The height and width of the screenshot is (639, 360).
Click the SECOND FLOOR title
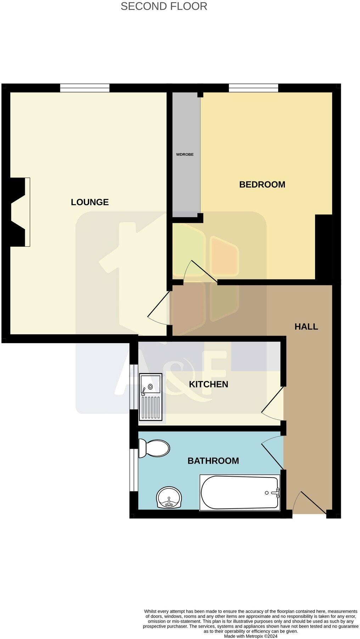click(x=164, y=6)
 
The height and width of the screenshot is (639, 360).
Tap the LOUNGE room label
click(x=90, y=202)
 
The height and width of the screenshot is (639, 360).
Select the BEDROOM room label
click(x=262, y=184)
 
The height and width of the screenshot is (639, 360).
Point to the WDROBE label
click(x=185, y=155)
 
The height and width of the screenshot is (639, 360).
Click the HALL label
click(x=306, y=326)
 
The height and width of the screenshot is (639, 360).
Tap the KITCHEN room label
click(x=208, y=384)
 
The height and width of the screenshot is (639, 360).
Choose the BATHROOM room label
click(x=213, y=461)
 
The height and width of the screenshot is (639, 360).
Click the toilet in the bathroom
click(x=154, y=448)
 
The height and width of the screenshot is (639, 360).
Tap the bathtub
click(x=240, y=493)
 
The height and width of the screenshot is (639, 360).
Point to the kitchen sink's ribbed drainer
click(x=151, y=408)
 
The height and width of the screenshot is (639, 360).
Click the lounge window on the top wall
click(x=85, y=88)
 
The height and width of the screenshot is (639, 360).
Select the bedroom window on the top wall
click(x=253, y=88)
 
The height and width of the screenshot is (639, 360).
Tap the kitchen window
click(x=134, y=387)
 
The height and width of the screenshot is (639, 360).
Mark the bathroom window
click(x=134, y=470)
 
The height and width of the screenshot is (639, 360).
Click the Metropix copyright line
click(x=251, y=636)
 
